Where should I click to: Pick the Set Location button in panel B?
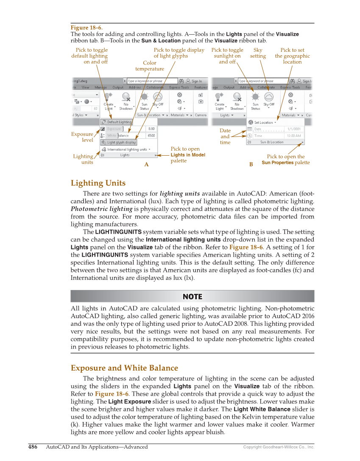point(263,123)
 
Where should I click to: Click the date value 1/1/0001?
point(294,129)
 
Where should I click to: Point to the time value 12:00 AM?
point(294,136)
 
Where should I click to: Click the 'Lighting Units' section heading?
point(98,183)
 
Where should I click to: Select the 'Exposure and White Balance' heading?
point(124,368)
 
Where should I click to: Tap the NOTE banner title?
point(193,296)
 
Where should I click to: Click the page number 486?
point(33,447)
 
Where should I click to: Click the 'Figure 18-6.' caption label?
point(87,28)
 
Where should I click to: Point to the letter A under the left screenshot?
point(146,165)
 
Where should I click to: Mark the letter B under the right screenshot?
point(251,164)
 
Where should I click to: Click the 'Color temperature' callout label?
point(150,66)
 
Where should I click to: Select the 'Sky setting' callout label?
point(258,53)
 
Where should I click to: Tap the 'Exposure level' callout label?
point(82,137)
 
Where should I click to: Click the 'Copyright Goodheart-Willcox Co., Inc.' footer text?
point(279,447)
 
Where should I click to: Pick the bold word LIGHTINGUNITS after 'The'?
point(118,232)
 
